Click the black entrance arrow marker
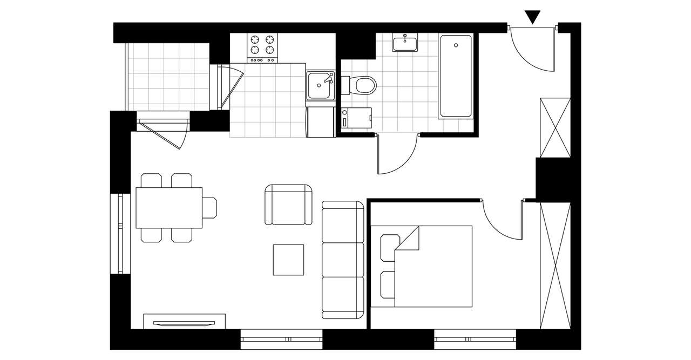click(533, 17)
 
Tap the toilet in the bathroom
click(365, 85)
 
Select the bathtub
click(456, 76)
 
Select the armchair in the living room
click(289, 205)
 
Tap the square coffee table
click(288, 260)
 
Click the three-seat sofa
click(343, 260)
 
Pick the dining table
click(169, 208)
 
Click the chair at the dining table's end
click(209, 208)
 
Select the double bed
click(426, 267)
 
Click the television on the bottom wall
click(184, 323)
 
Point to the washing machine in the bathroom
click(357, 118)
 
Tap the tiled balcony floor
click(168, 76)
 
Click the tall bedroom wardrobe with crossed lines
click(555, 265)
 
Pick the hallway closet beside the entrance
click(555, 128)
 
